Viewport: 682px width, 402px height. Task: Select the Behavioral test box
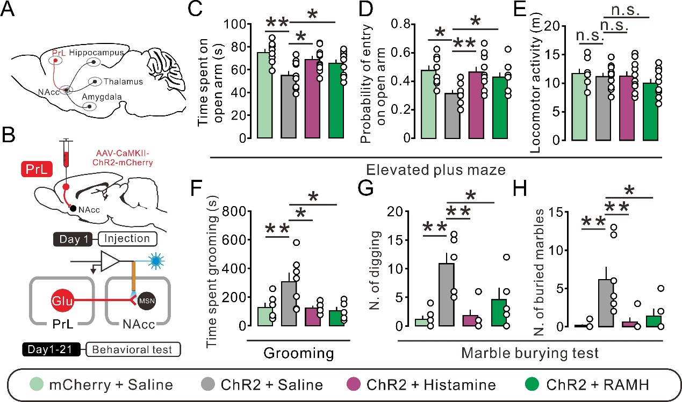(x=132, y=350)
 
